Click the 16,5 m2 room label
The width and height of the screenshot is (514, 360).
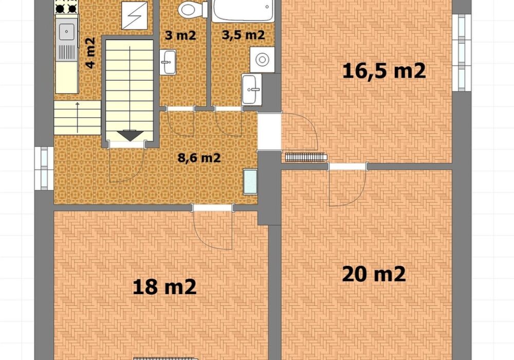click(x=384, y=71)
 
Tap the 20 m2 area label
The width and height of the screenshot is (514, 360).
click(x=374, y=274)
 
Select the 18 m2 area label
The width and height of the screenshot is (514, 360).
click(x=164, y=287)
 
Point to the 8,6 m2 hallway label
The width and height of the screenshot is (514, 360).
click(x=199, y=158)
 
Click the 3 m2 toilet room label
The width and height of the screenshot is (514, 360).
click(x=180, y=35)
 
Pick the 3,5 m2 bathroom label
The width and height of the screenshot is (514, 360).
click(x=243, y=35)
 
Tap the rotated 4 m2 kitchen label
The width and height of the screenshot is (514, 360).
click(x=90, y=53)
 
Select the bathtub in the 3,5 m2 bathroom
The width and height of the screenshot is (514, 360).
click(x=243, y=11)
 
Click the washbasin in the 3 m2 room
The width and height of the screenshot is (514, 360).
click(x=168, y=62)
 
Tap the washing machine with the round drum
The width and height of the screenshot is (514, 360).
click(x=262, y=60)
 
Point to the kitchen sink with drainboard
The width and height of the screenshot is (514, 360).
click(x=67, y=40)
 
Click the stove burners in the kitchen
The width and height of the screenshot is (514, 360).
click(x=66, y=7)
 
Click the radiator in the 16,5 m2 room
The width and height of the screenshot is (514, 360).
click(x=306, y=157)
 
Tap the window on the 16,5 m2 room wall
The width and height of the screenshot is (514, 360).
click(x=462, y=52)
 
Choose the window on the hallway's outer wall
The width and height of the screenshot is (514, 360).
click(x=44, y=168)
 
